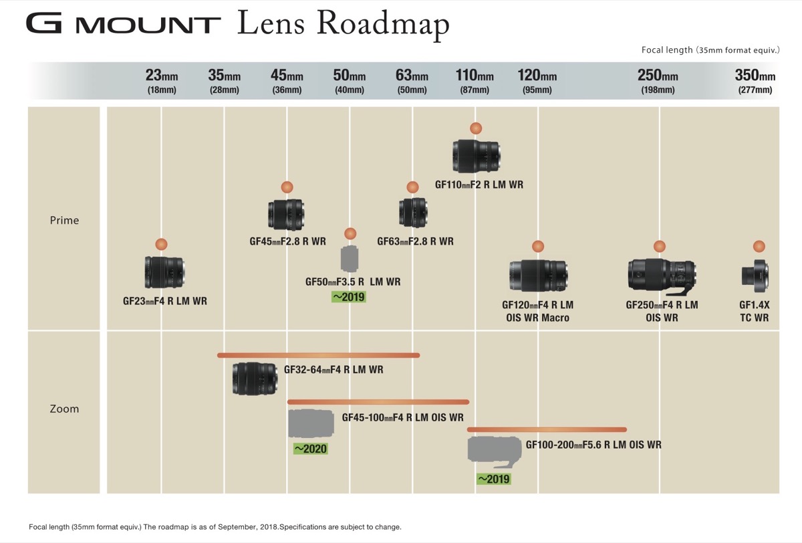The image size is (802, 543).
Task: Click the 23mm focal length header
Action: (x=162, y=76)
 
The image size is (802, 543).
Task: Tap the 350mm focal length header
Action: (x=755, y=76)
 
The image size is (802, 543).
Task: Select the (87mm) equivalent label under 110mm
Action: (x=475, y=90)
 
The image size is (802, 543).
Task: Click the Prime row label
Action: (x=64, y=220)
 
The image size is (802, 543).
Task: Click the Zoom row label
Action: (x=64, y=409)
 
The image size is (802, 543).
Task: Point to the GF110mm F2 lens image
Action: (x=476, y=156)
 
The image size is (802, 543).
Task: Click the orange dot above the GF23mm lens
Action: (x=162, y=244)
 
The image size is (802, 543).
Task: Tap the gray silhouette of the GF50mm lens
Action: (x=350, y=259)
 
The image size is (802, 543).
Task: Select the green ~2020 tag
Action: (x=310, y=449)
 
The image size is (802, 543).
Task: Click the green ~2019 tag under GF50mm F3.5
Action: (x=349, y=297)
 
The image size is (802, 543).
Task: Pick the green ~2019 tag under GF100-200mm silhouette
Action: (x=494, y=479)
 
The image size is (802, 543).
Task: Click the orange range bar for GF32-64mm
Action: (x=318, y=355)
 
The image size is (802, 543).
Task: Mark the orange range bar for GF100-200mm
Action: (x=547, y=429)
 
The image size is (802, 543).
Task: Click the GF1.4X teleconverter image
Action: (x=755, y=276)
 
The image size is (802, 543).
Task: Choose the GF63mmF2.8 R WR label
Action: (x=415, y=241)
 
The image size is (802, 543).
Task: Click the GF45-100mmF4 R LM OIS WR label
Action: (x=403, y=417)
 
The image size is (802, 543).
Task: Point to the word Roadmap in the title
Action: (x=383, y=24)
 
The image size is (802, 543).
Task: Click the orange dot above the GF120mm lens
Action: (x=538, y=247)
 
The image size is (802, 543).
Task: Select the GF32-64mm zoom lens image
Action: (x=255, y=378)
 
